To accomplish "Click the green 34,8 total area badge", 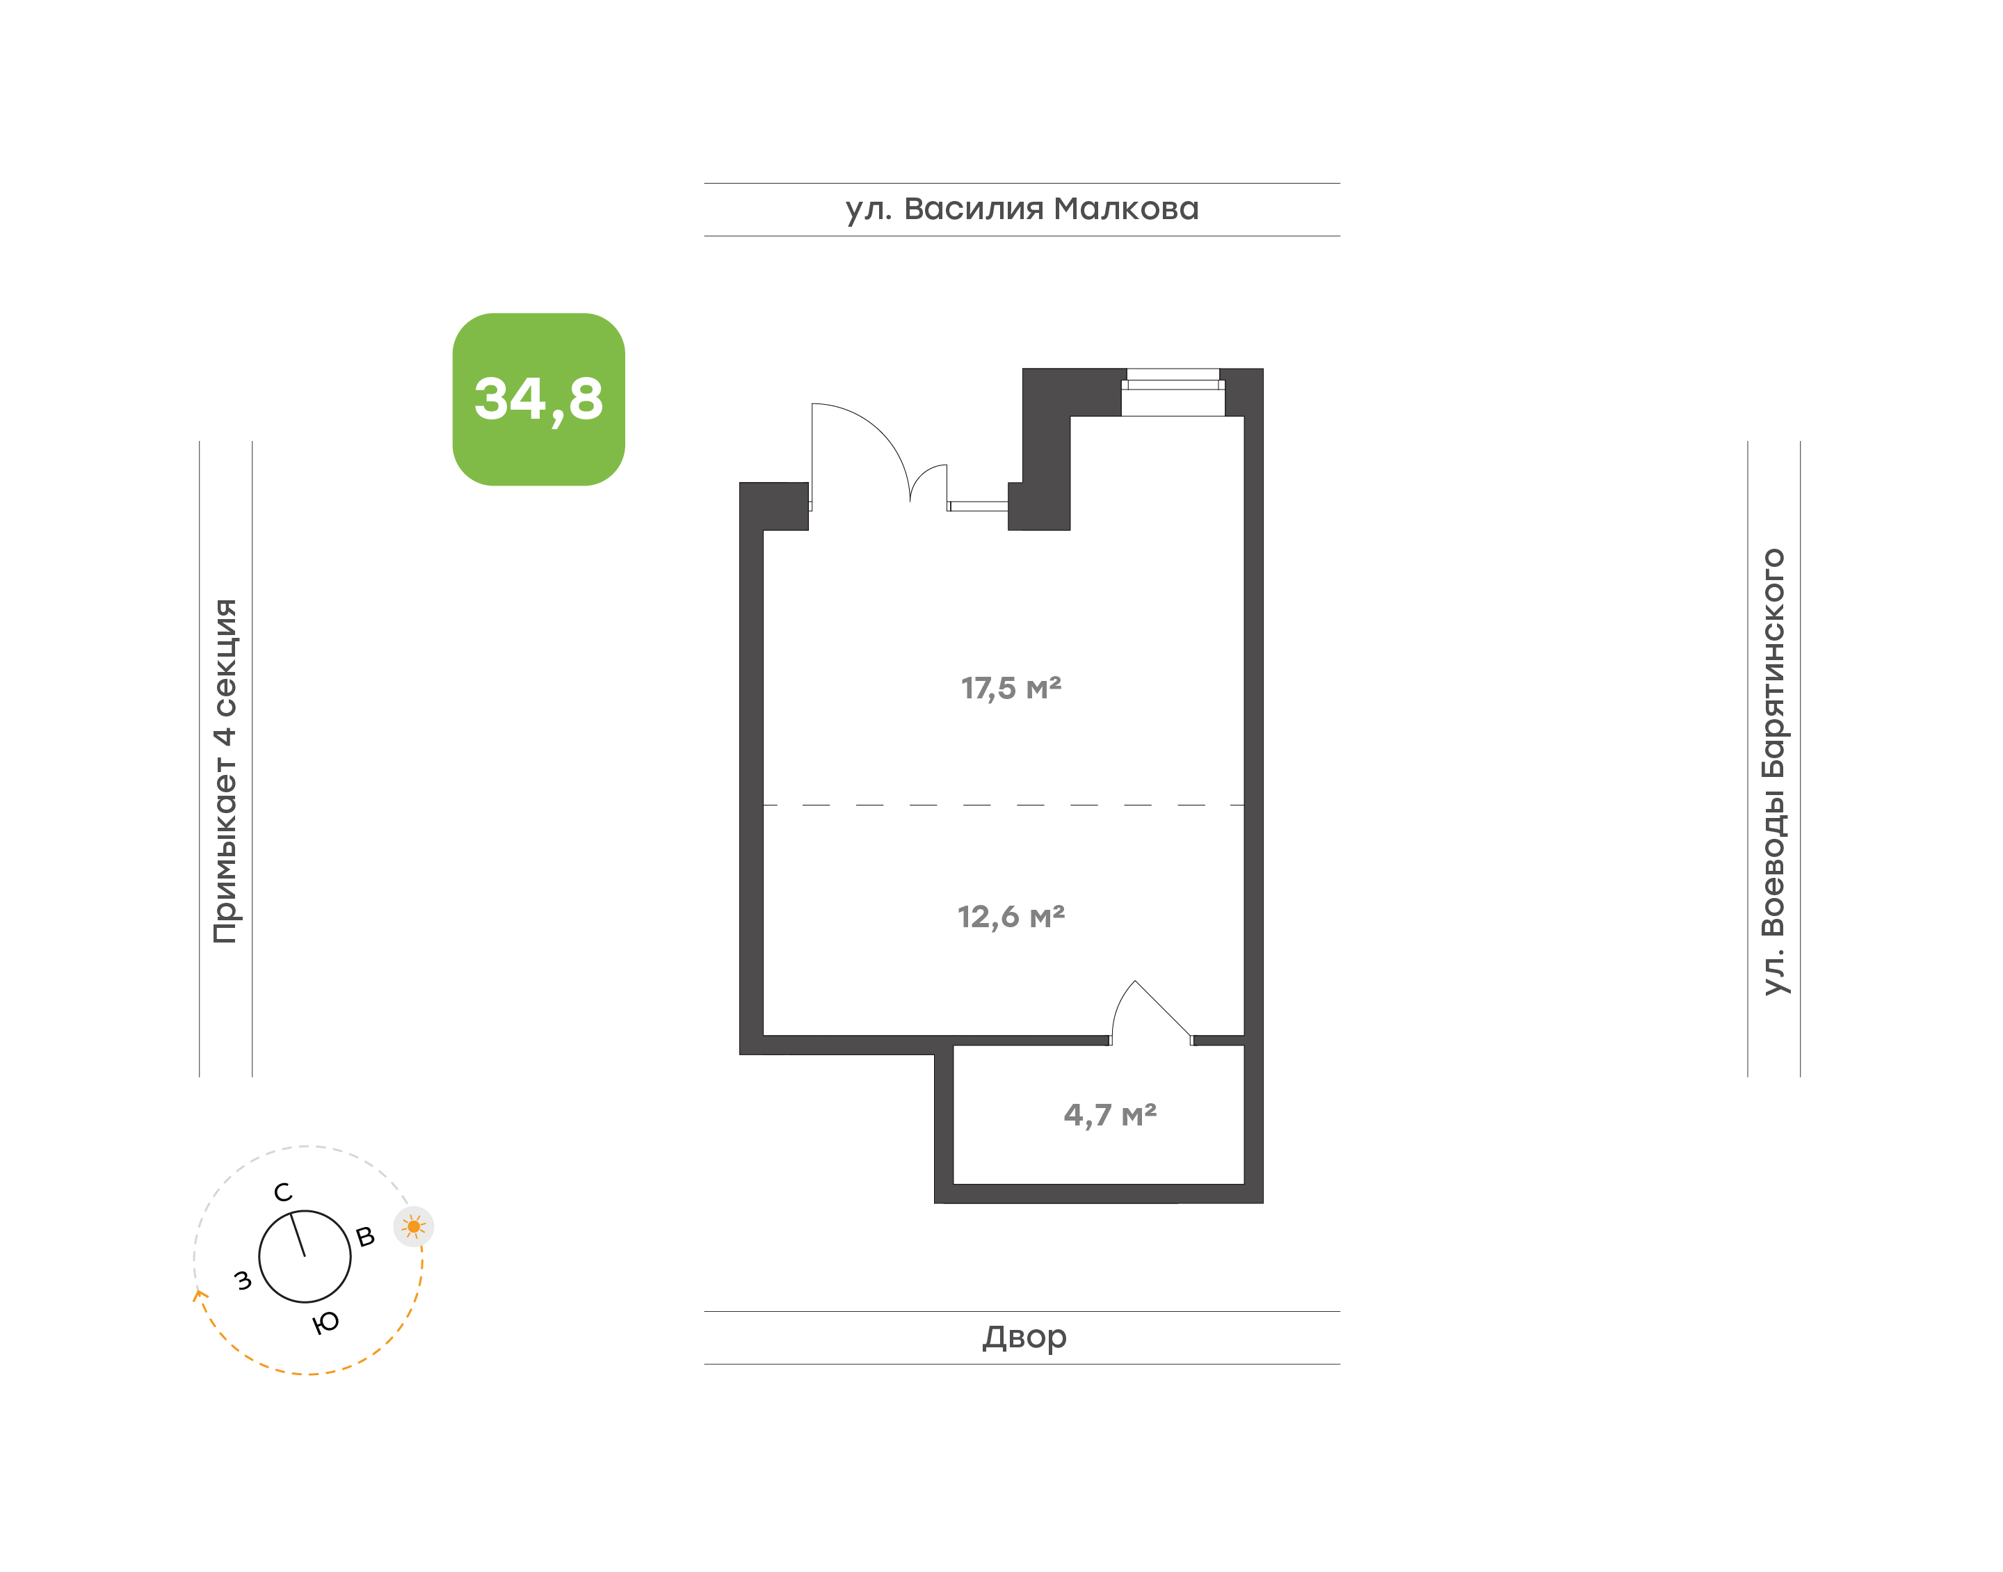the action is (x=538, y=399).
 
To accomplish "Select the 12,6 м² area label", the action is (x=1011, y=917).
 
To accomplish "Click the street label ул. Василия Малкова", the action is (x=1022, y=209).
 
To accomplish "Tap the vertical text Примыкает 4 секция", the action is (x=225, y=771).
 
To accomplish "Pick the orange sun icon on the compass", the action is (x=413, y=1227).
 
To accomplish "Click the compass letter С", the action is (x=283, y=1193).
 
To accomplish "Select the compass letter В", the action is (x=365, y=1237).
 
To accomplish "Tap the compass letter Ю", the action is (x=325, y=1322).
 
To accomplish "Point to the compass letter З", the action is (x=243, y=1281).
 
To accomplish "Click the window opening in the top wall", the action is (x=1173, y=392).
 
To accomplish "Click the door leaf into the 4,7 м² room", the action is (x=1163, y=1009).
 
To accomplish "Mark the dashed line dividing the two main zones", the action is (x=1004, y=805).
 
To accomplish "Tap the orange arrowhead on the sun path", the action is (x=199, y=1296).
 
